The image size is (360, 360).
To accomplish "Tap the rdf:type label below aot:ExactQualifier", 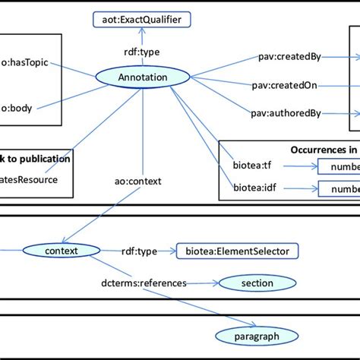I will click(x=141, y=52).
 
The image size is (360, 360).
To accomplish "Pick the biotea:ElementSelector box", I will click(x=238, y=250).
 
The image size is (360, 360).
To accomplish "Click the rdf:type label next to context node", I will click(x=139, y=250).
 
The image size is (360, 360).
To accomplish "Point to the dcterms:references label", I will click(x=144, y=283).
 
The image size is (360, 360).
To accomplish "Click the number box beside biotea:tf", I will click(x=339, y=165).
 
